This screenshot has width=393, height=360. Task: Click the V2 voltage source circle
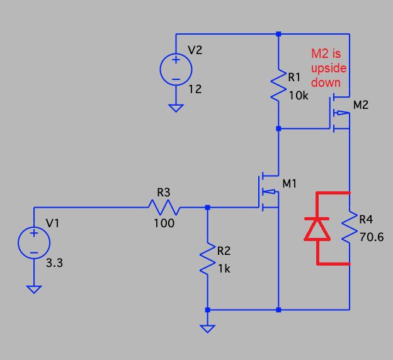(176, 69)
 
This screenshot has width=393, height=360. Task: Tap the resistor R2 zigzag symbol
(207, 259)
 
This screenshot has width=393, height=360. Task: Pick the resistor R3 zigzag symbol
(164, 207)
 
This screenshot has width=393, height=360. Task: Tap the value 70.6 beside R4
(371, 238)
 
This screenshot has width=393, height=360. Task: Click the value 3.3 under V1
(54, 263)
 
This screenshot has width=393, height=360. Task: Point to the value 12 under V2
(195, 89)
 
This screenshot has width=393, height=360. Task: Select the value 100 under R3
(164, 223)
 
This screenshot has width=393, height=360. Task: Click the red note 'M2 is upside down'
(329, 68)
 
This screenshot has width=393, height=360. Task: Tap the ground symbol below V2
(176, 107)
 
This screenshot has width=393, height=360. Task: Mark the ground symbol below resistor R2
(207, 328)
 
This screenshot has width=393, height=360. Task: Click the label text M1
(290, 184)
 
